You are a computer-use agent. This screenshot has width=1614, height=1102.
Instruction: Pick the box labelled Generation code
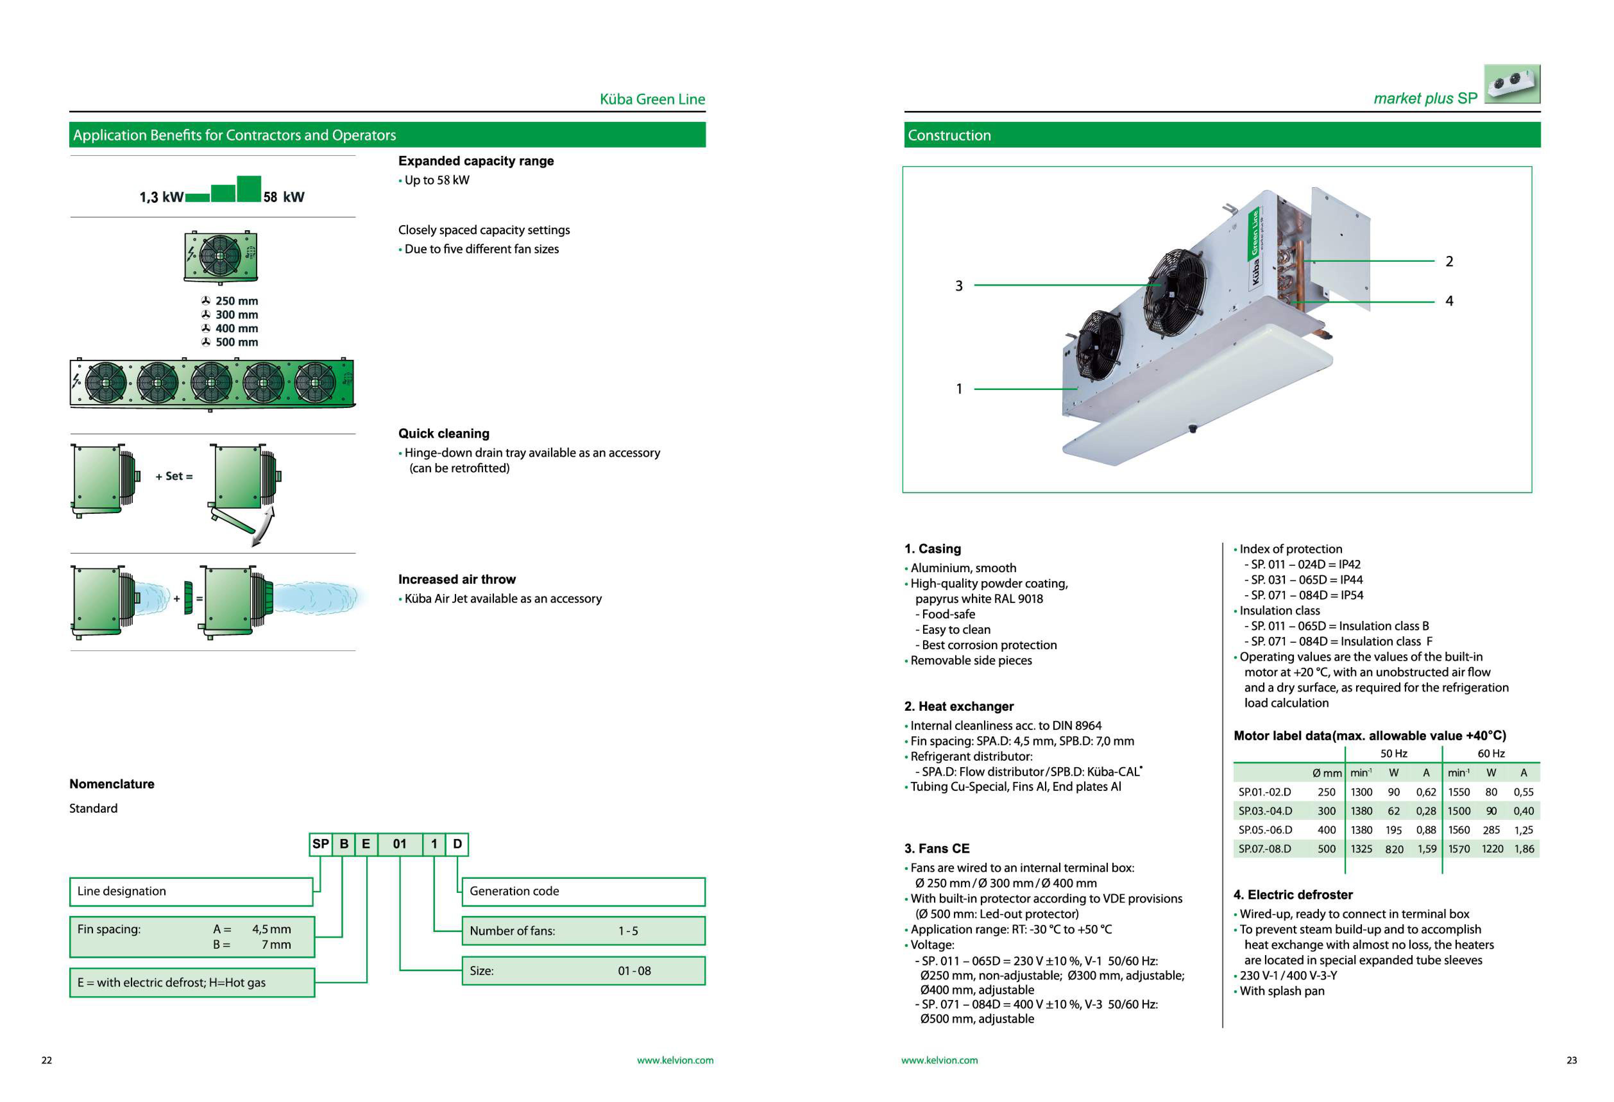[x=583, y=891]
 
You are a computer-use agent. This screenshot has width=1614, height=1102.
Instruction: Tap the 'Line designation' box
[x=191, y=891]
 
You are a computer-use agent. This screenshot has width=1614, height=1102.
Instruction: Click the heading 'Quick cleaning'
[x=444, y=433]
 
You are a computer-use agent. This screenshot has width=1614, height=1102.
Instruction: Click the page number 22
[x=47, y=1060]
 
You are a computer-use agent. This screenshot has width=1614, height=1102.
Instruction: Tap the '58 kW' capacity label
[x=283, y=197]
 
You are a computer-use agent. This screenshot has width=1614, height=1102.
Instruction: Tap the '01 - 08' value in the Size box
[x=634, y=971]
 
